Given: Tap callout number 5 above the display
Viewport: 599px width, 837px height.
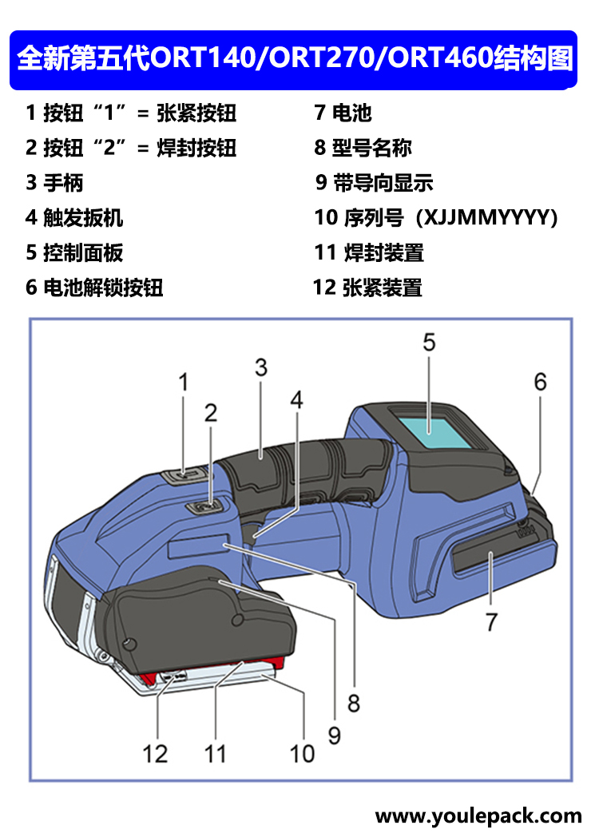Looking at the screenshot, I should (x=429, y=343).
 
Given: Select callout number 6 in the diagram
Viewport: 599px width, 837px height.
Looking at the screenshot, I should (x=541, y=383).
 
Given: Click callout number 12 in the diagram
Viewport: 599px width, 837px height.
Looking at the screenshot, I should (x=156, y=752).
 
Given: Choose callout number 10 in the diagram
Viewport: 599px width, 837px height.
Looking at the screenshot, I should (x=302, y=752).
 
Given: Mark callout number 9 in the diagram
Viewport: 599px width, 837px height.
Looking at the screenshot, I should (x=334, y=733).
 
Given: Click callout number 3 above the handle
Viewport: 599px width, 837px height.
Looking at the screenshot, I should (x=260, y=368).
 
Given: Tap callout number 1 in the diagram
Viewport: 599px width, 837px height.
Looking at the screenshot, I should (x=183, y=383).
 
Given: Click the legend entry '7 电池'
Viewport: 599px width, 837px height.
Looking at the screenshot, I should (x=343, y=113).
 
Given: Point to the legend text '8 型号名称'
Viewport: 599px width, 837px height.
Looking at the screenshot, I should (x=363, y=148).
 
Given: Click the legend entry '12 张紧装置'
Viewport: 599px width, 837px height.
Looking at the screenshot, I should (x=367, y=288).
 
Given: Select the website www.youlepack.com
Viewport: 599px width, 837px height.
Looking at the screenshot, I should (x=478, y=816).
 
